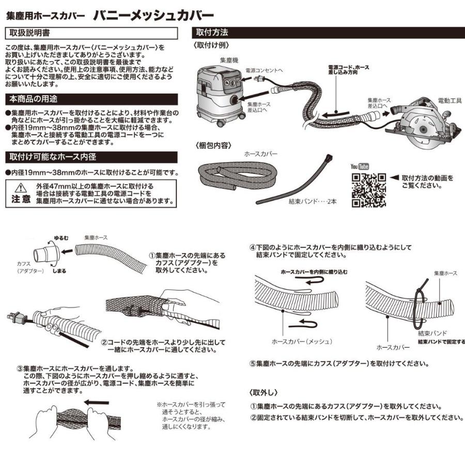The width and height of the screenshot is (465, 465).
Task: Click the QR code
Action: (x=368, y=190)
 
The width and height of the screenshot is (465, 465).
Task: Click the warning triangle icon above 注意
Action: (x=21, y=187)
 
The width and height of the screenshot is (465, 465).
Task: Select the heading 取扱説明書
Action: (x=30, y=33)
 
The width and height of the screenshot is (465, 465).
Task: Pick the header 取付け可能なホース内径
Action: (x=52, y=157)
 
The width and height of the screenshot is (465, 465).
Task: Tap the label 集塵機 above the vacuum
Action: (x=228, y=60)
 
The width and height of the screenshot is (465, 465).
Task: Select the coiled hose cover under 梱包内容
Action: (x=235, y=176)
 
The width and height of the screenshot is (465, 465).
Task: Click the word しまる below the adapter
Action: (x=59, y=270)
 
